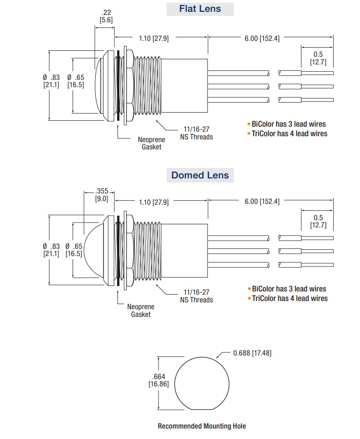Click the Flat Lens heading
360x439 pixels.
point(200,9)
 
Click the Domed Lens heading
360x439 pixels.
point(200,175)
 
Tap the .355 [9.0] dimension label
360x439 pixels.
point(101,195)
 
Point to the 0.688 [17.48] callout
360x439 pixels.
point(252,353)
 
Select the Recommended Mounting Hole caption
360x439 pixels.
point(202,426)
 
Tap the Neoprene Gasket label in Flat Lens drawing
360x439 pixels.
point(151,143)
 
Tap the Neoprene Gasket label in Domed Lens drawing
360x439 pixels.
point(141,311)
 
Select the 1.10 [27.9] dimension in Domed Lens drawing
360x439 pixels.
point(153,202)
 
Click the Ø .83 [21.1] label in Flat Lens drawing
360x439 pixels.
point(51,81)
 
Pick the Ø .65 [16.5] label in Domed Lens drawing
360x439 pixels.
point(74,249)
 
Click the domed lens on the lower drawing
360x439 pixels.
point(93,250)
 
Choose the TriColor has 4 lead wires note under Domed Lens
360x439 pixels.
point(289,298)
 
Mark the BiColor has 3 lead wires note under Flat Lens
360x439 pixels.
point(288,124)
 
